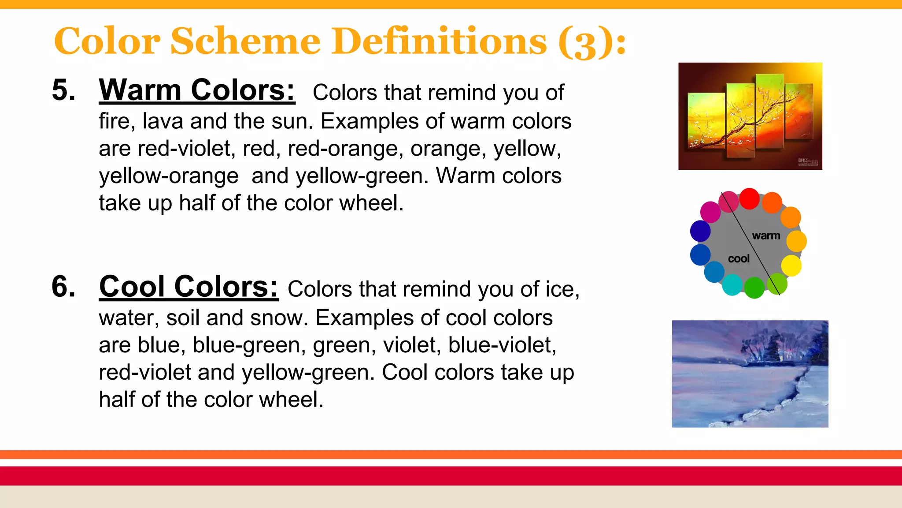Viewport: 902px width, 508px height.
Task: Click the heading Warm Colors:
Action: [197, 90]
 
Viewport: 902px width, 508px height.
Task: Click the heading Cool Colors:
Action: [189, 287]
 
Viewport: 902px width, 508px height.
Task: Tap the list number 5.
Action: [63, 90]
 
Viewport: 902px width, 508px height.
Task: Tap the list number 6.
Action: [63, 287]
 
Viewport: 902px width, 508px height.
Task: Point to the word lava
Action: [163, 121]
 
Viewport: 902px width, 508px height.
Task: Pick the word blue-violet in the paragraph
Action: [502, 345]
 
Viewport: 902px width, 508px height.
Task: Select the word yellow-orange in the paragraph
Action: [169, 176]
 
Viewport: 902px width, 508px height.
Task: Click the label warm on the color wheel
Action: [766, 236]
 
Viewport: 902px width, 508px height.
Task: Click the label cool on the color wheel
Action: [739, 259]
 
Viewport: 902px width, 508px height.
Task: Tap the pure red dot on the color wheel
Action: [749, 198]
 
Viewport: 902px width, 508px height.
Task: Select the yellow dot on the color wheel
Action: [791, 265]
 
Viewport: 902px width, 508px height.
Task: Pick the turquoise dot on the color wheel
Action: [732, 285]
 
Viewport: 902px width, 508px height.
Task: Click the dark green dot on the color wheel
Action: [754, 288]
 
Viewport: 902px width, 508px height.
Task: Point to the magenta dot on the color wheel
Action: [710, 212]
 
